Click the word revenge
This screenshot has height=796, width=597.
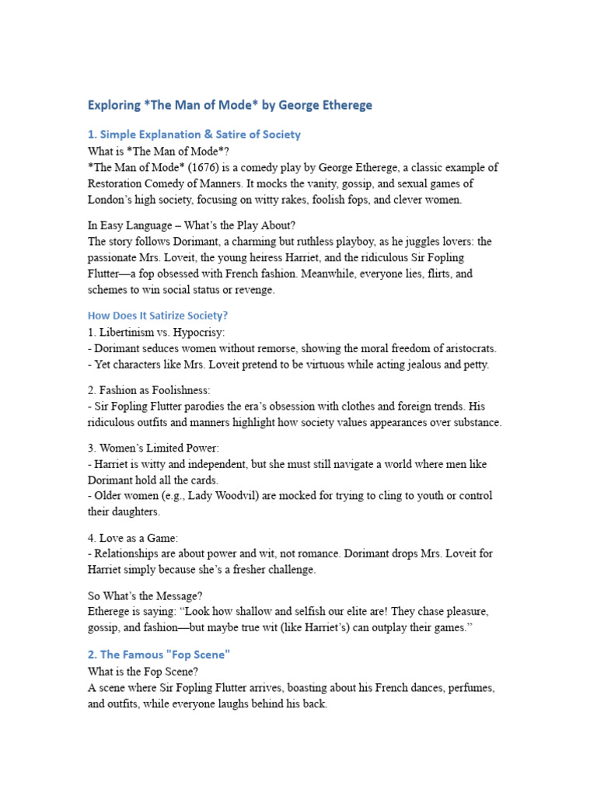click(254, 289)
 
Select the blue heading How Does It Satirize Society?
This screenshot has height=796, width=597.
click(157, 316)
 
